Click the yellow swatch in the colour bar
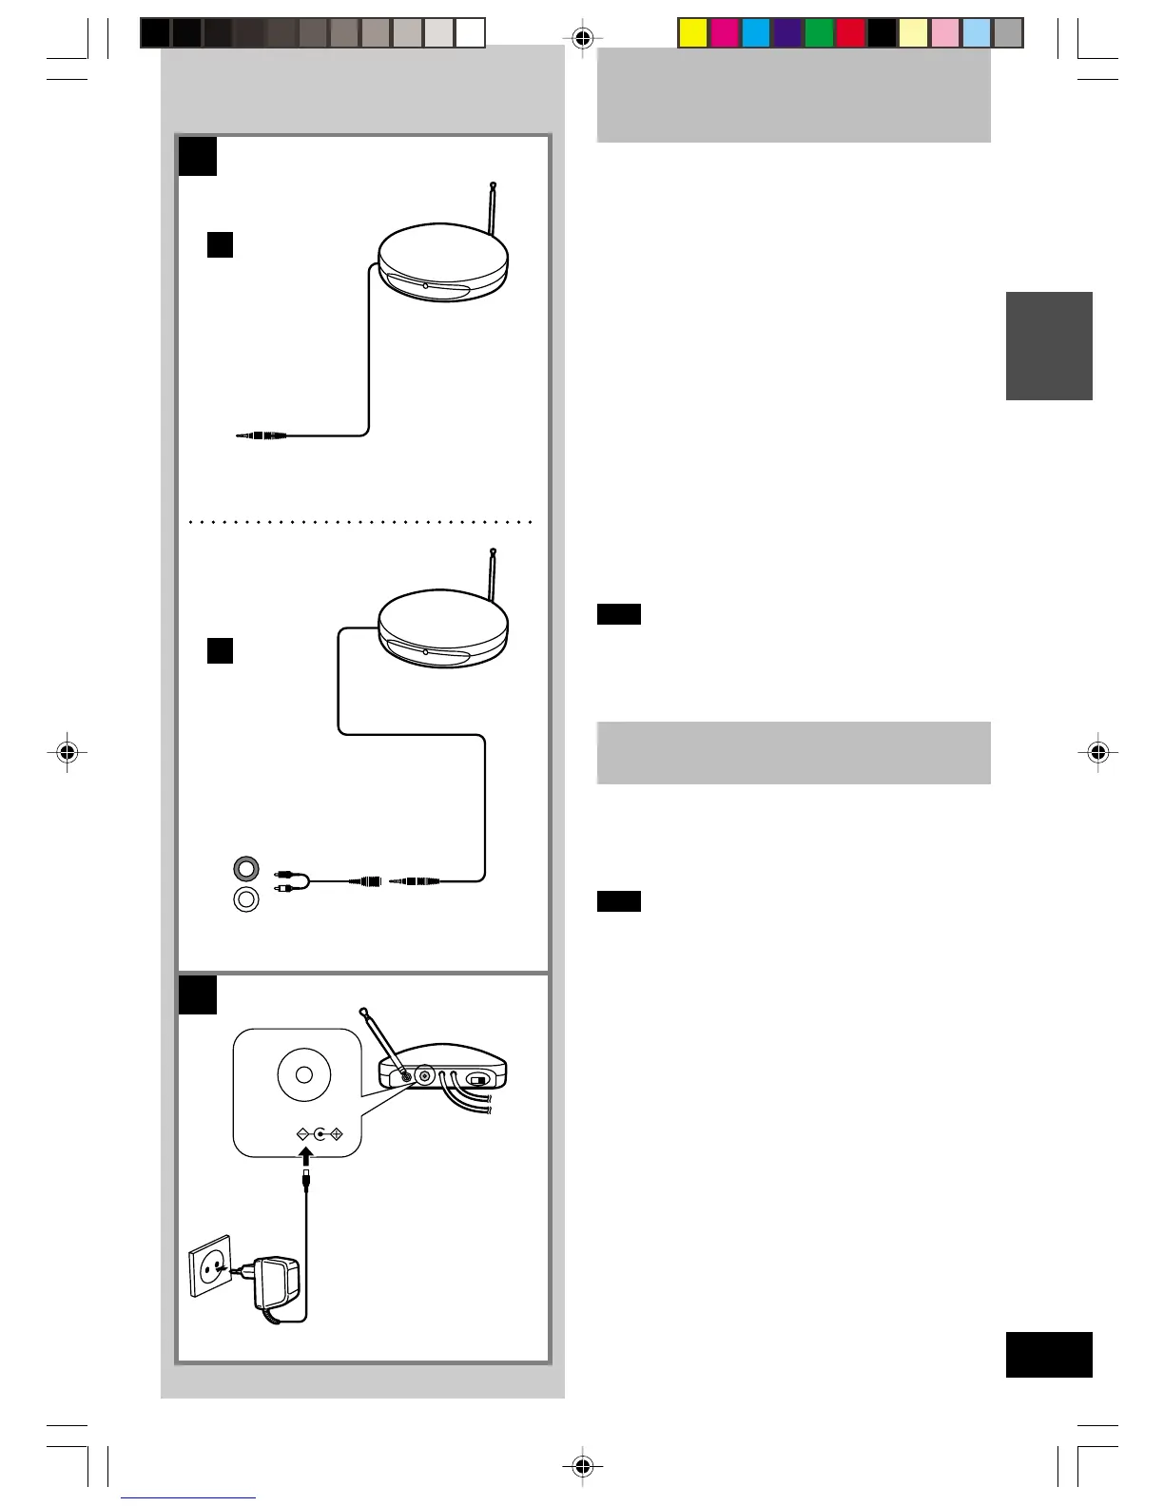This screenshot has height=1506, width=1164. coord(693,33)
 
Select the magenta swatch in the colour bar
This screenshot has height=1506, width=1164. coord(725,33)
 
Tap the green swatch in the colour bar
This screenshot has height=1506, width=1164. coord(819,33)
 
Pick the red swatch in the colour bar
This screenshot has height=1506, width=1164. coord(850,33)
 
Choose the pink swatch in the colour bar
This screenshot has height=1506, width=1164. coord(945,33)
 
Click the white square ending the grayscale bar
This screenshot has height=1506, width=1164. coord(470,33)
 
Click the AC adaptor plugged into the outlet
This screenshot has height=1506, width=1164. coord(277,1284)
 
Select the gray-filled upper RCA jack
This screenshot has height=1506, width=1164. coord(246,868)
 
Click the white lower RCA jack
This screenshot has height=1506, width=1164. coord(246,898)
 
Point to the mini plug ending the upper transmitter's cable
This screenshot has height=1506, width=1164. coord(262,435)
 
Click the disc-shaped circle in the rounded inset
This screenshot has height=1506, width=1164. coord(304,1074)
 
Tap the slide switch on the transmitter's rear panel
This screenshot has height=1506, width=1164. coord(480,1079)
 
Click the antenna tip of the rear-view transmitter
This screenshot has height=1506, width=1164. coord(362,1010)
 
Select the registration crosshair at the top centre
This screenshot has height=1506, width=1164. coord(584,38)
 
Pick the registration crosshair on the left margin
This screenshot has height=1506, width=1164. coord(67,753)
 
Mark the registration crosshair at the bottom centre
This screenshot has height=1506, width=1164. coord(584,1466)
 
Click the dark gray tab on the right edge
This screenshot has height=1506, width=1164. coord(1049,346)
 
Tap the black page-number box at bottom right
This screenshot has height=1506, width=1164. coord(1049,1354)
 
